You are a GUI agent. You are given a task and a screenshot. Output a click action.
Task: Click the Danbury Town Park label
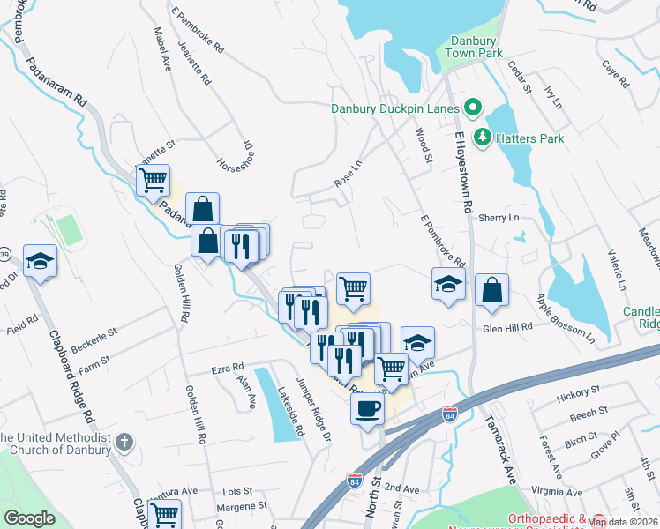[x=476, y=47]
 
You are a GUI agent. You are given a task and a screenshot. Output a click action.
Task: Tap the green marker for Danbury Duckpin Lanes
[x=472, y=109]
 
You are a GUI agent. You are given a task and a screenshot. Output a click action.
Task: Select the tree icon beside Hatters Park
[x=483, y=137]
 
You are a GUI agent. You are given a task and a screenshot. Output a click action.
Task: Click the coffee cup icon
[x=368, y=408]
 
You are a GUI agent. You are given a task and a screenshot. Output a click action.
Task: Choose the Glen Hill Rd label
[x=508, y=326]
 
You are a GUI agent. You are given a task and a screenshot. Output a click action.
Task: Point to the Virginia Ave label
[x=557, y=492]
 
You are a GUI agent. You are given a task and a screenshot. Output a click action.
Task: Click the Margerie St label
[x=242, y=505]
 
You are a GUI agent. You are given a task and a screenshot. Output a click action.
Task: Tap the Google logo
[x=30, y=518]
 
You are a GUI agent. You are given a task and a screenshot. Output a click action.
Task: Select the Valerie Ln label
[x=615, y=271]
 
